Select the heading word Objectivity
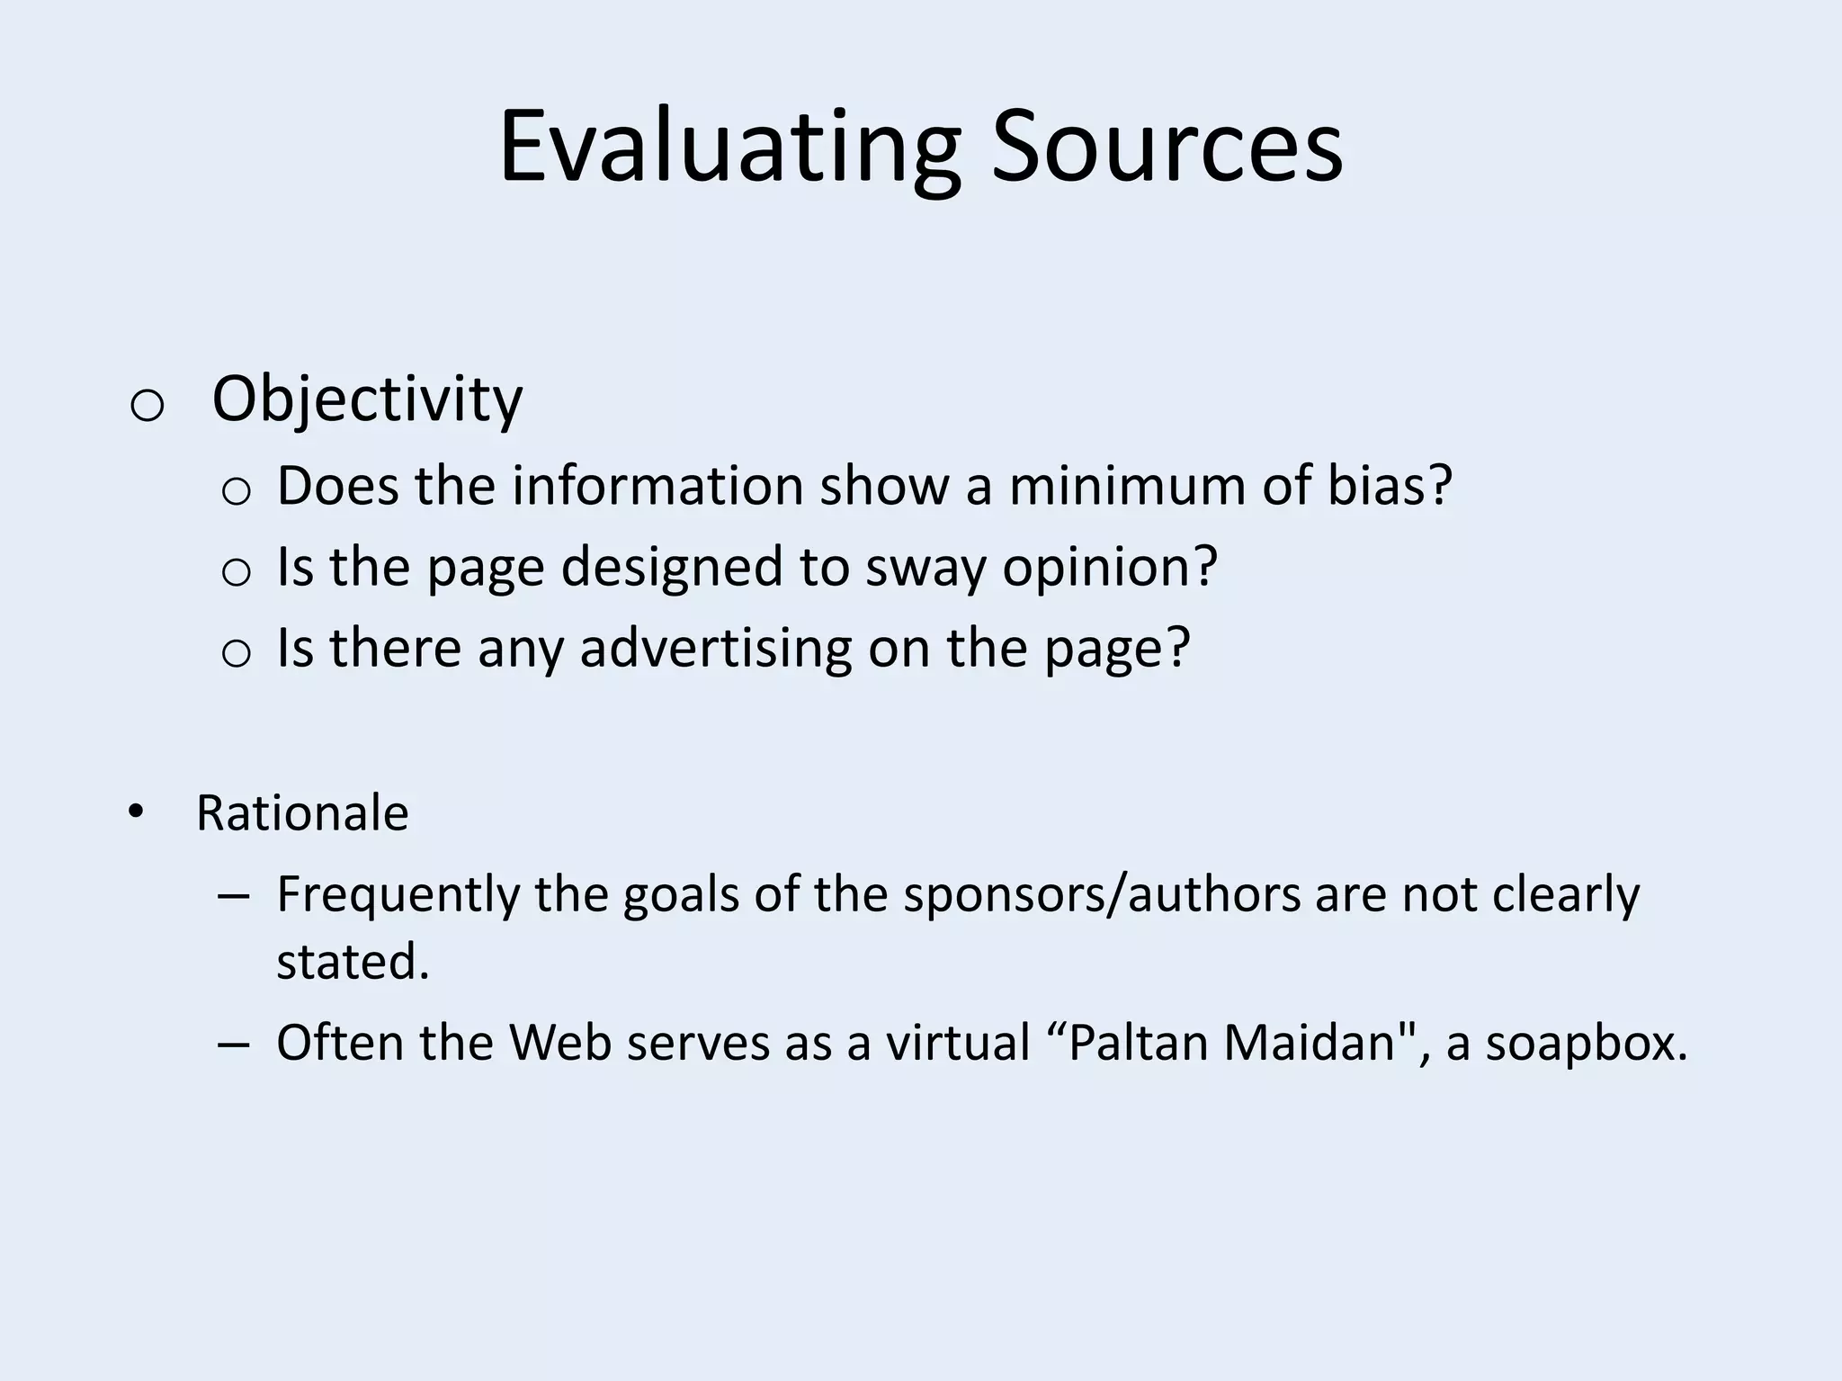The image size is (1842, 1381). (367, 399)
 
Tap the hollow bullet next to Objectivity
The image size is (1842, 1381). (147, 406)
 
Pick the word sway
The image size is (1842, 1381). (925, 567)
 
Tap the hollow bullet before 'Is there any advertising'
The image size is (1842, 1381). (236, 653)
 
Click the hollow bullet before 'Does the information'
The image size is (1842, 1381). (236, 492)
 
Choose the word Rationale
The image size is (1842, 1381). (302, 813)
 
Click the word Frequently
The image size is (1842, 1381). (398, 894)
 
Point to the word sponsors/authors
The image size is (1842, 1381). (1102, 894)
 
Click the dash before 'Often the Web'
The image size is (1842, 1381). (233, 1045)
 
